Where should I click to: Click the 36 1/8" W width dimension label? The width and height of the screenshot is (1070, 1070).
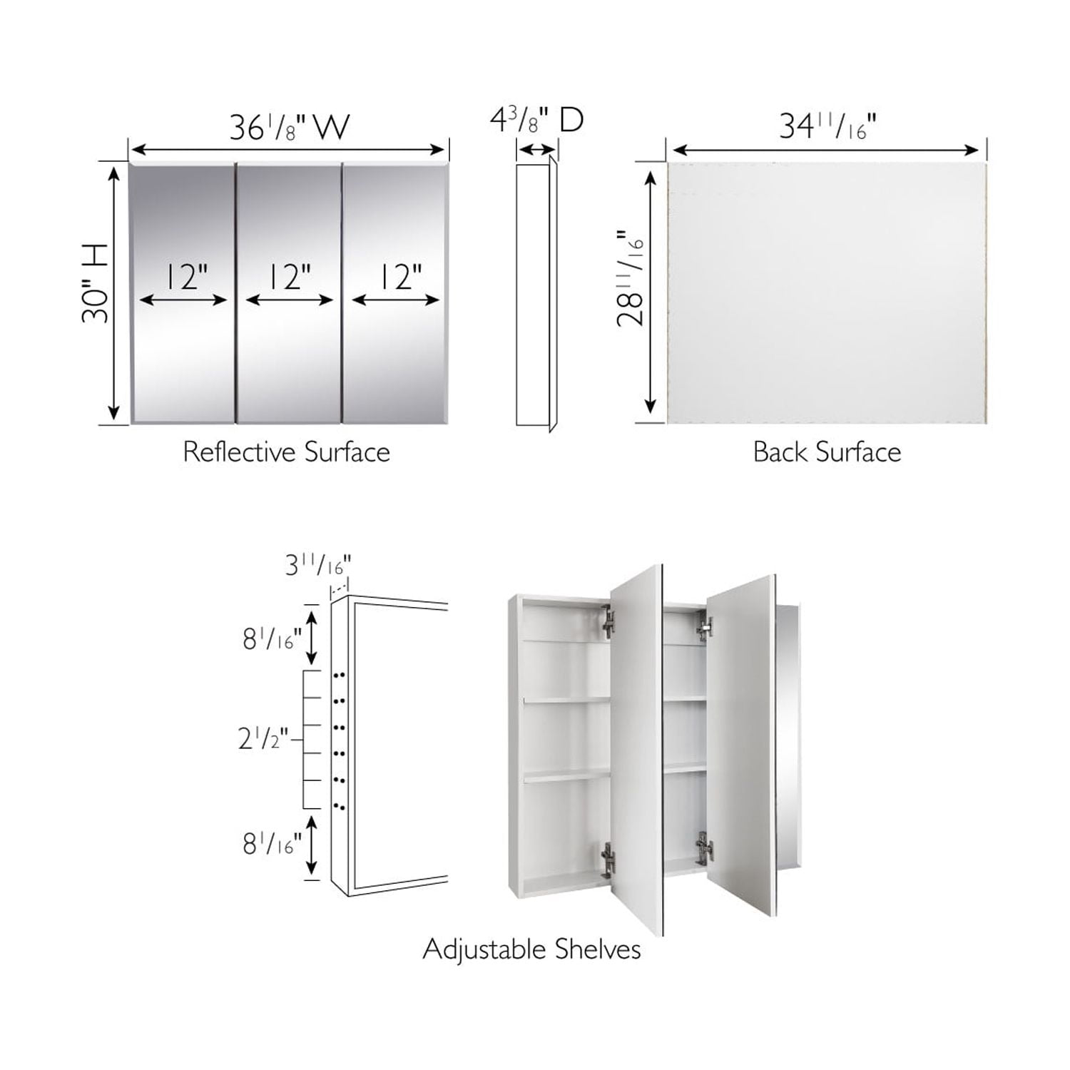289,127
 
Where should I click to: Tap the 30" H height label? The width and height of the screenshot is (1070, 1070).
96,283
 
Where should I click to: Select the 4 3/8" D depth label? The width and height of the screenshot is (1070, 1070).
536,119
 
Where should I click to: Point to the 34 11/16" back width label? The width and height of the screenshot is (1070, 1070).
827,126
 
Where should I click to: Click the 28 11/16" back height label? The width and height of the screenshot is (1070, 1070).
631,278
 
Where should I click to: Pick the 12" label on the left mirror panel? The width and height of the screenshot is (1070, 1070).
187,277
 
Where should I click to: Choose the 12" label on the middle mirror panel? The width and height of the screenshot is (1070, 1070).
290,277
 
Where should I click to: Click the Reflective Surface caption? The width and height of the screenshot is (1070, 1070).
286,452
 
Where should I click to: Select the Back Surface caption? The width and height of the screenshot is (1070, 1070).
827,452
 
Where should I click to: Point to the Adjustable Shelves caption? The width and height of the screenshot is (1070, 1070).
531,949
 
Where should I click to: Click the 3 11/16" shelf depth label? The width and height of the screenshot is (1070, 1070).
318,565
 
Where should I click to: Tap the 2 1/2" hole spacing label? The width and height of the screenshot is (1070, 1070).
263,739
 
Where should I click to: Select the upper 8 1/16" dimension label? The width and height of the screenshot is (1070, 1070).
272,639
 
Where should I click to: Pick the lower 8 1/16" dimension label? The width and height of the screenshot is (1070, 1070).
272,845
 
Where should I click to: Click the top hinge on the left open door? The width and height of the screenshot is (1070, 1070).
608,621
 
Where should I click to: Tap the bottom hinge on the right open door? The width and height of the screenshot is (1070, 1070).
703,850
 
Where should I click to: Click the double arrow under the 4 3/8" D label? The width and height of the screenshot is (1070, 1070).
536,150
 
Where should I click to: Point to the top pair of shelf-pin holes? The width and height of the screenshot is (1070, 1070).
340,674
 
